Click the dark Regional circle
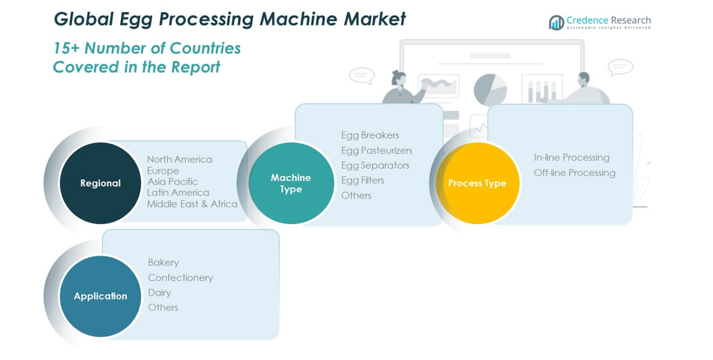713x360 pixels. coord(100,183)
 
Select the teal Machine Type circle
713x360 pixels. coord(291,183)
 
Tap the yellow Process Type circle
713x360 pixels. coord(477,183)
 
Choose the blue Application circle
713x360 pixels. coord(100,296)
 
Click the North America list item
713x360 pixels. coord(179,159)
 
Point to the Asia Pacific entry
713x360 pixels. coord(172,182)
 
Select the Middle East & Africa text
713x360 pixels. coord(192,204)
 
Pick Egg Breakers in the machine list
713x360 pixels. coord(370,135)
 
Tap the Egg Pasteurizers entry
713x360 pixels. coord(377,150)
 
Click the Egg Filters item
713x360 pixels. coord(362,180)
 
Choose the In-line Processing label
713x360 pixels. coord(571,157)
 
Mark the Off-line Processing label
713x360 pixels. coord(574,172)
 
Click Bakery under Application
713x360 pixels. coord(163,262)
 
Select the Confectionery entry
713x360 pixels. coord(181,278)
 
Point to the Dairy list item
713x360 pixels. coord(159,293)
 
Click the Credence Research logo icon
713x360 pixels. coord(556,23)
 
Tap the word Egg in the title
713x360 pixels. coord(137,19)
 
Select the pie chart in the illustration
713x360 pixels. coord(490,89)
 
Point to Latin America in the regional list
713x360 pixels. coord(178,193)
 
